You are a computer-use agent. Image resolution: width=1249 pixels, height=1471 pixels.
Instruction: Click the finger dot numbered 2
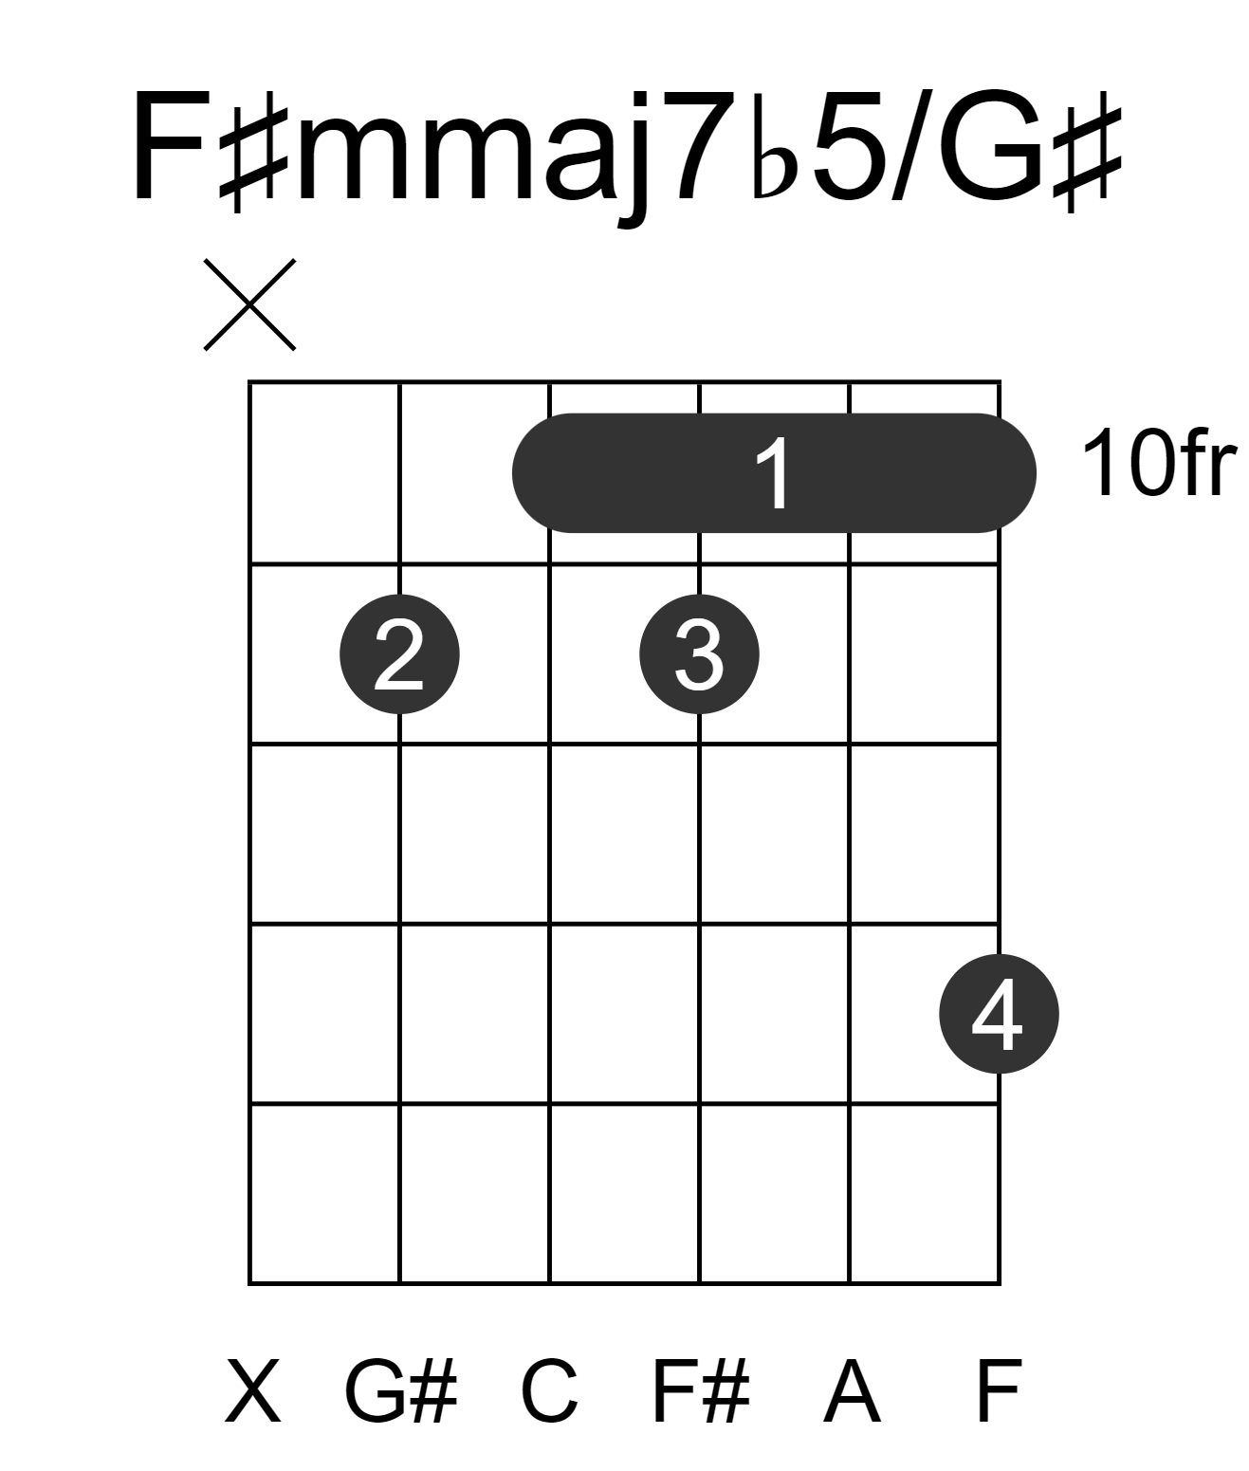coord(399,654)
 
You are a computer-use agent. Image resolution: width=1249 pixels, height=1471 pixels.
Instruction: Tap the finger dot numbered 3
coord(699,654)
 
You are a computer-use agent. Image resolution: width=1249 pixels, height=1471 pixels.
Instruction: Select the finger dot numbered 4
coord(999,1014)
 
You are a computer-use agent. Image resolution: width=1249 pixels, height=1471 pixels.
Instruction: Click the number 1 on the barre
coord(774,473)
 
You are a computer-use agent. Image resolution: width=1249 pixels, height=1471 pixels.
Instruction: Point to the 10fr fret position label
coord(1159,463)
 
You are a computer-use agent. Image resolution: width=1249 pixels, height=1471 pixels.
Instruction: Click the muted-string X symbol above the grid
coord(249,304)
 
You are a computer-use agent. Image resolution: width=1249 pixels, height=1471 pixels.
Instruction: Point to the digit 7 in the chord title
coord(705,147)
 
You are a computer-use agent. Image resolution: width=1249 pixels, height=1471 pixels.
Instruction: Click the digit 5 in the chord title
coord(847,147)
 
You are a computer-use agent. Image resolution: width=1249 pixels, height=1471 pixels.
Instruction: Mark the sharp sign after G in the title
coord(1088,153)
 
